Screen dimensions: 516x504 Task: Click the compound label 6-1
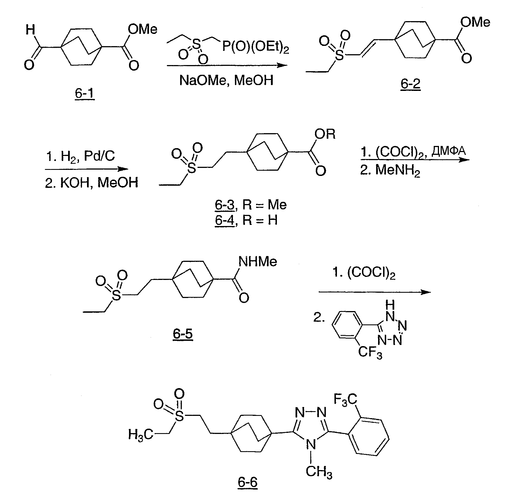coord(85,94)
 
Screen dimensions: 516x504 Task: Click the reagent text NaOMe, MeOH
coord(226,80)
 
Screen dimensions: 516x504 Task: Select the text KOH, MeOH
coord(91,183)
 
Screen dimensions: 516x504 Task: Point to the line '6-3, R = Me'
coord(250,205)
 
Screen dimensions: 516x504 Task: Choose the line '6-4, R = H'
coord(246,220)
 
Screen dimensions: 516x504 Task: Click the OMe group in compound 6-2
coord(475,22)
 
